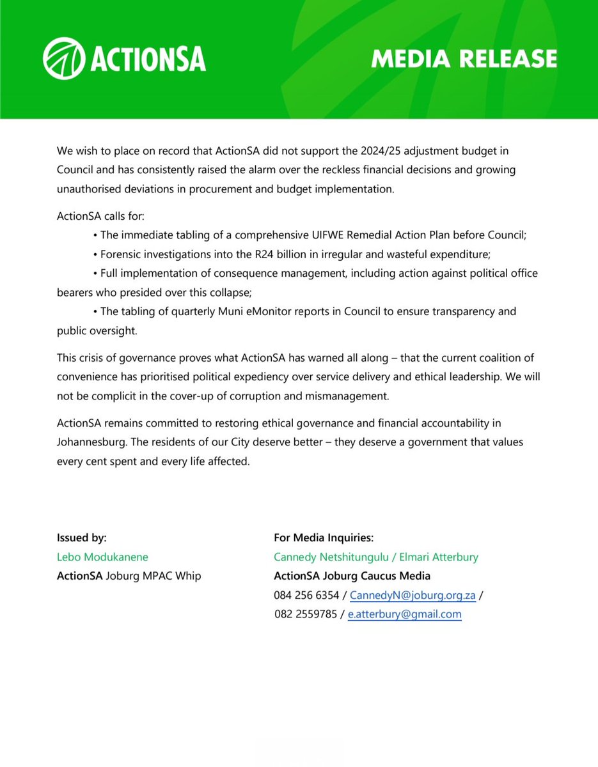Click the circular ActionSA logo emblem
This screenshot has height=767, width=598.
coord(63,59)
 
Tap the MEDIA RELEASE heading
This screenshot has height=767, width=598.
coord(464,59)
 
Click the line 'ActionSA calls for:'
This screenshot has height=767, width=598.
coord(101,217)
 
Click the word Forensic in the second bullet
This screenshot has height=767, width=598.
coord(122,254)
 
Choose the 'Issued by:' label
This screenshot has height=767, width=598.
coord(82,538)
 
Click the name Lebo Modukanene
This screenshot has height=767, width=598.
coord(102,557)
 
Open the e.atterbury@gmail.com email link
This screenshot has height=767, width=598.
coord(404,614)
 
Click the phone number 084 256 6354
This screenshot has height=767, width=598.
coord(306,595)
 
